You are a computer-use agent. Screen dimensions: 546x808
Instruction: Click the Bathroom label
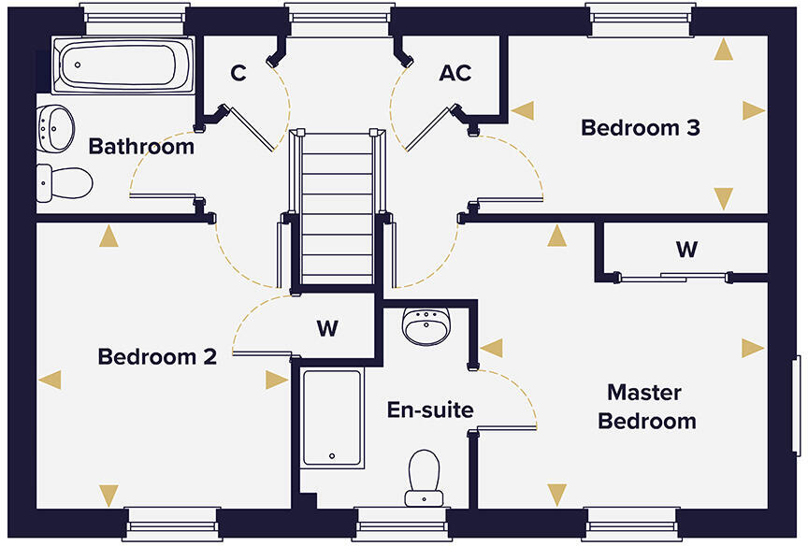click(x=141, y=147)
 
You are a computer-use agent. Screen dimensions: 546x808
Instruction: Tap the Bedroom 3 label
click(x=641, y=127)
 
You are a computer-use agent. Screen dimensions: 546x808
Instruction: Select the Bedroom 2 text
click(x=157, y=356)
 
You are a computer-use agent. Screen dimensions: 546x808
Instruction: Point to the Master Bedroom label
click(x=647, y=406)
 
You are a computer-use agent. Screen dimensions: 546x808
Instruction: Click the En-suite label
click(x=430, y=409)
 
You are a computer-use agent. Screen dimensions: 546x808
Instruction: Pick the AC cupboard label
click(x=454, y=73)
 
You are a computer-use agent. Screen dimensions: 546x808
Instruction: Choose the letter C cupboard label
click(x=238, y=73)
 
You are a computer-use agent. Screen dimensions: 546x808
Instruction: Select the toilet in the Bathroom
click(x=64, y=182)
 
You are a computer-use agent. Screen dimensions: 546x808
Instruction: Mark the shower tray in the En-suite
click(x=331, y=417)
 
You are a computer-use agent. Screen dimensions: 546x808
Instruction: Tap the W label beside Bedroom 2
click(x=326, y=328)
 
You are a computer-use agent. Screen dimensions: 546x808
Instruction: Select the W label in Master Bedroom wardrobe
click(x=686, y=250)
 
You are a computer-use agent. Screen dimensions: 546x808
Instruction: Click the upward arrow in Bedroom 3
click(x=723, y=50)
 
